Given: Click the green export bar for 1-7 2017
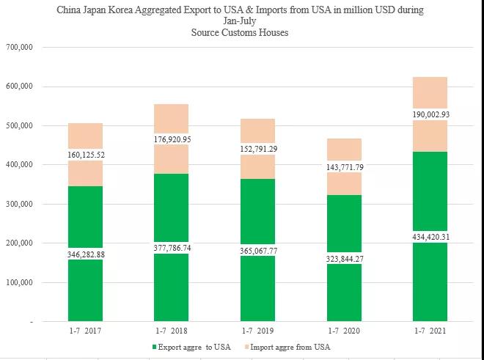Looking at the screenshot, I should [x=85, y=220].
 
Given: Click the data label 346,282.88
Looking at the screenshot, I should [x=85, y=253].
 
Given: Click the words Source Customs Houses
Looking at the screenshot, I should [x=241, y=32].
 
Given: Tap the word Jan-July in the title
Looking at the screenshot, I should [x=241, y=22].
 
